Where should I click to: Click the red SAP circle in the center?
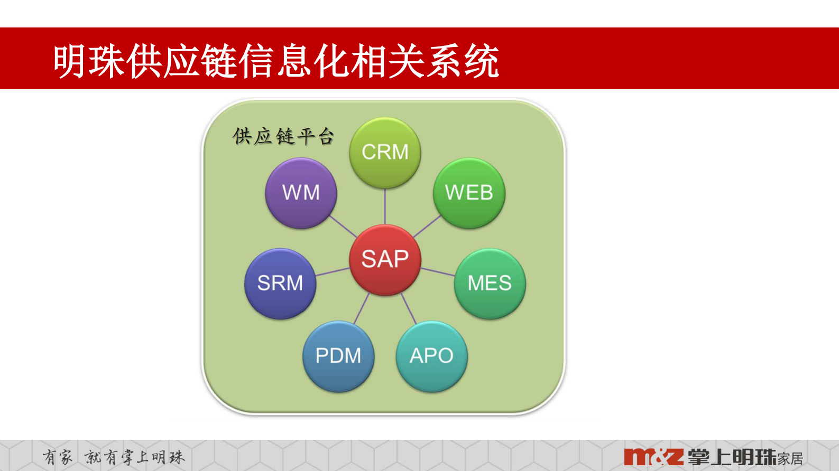(x=385, y=259)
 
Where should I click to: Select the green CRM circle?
(x=385, y=152)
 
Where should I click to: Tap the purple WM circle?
(x=301, y=193)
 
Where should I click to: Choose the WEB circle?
(x=469, y=193)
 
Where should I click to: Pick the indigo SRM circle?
(x=280, y=284)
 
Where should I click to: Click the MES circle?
(x=490, y=284)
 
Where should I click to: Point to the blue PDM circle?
(x=338, y=356)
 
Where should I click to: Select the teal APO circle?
(x=431, y=356)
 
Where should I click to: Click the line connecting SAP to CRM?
(x=385, y=206)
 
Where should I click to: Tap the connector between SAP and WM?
(x=343, y=227)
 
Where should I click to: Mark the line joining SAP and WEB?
(x=427, y=226)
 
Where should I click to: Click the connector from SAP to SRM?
(x=333, y=272)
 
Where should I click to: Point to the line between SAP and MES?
(x=437, y=271)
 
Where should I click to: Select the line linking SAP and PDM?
(x=362, y=308)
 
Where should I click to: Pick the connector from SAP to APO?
(x=408, y=308)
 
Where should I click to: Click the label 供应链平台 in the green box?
(x=283, y=137)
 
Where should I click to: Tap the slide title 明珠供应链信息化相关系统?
(x=276, y=61)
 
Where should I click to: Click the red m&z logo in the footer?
(x=653, y=457)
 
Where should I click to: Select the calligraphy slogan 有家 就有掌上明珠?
(x=114, y=457)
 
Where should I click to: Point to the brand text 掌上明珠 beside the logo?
(x=732, y=457)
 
